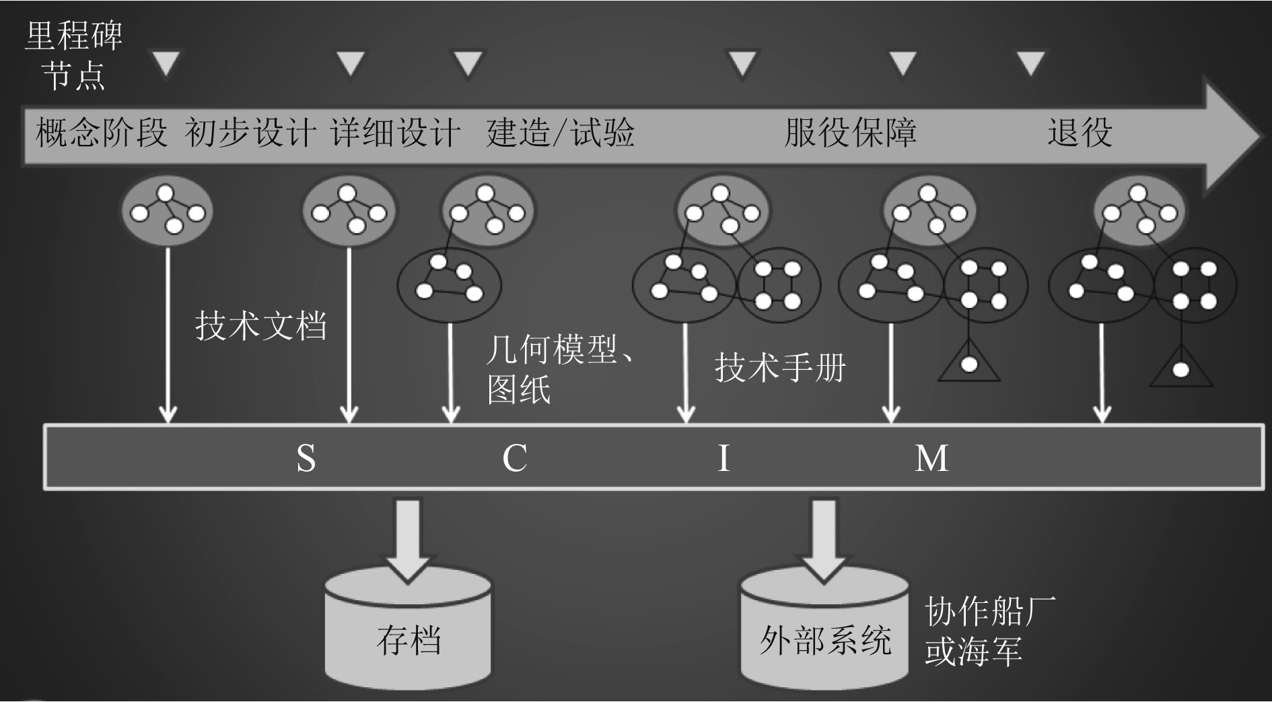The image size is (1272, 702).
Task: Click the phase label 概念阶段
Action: [x=101, y=132]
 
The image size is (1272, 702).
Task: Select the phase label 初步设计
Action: [x=250, y=132]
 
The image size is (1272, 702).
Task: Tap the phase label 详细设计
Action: [x=396, y=132]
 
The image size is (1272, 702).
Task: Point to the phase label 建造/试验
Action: [x=560, y=132]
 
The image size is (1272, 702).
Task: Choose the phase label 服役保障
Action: [x=850, y=132]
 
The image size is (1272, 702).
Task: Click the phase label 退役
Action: [x=1080, y=132]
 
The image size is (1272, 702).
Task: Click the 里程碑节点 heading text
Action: [x=73, y=55]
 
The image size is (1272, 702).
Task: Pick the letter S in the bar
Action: [x=306, y=458]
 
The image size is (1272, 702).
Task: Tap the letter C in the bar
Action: [x=515, y=458]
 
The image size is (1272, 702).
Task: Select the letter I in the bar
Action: [x=723, y=458]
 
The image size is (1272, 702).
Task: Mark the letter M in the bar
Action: [x=932, y=458]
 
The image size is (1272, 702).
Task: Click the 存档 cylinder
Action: [x=408, y=637]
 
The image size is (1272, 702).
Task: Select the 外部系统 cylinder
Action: [x=824, y=637]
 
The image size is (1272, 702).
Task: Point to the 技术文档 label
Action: [x=261, y=326]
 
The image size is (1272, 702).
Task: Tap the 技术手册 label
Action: [x=780, y=368]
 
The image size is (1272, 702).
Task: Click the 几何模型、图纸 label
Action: [x=559, y=370]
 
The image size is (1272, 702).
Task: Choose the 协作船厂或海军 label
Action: [x=989, y=631]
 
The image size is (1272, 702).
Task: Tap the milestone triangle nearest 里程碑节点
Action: [x=166, y=63]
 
